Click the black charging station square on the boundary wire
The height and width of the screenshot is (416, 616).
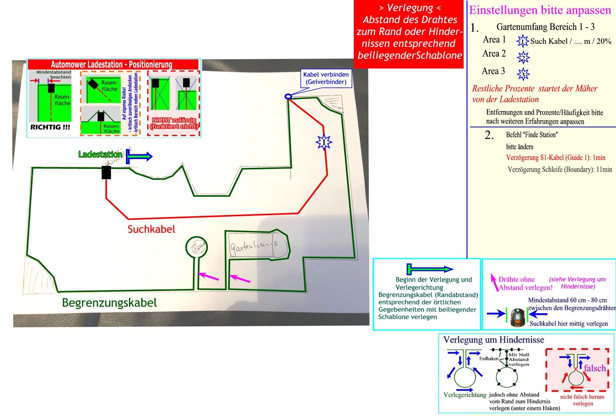[x=106, y=172]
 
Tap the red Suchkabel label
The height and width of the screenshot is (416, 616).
[x=151, y=229]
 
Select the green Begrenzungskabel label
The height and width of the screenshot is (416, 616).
[x=109, y=303]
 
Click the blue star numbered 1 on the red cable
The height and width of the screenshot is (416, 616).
[x=324, y=142]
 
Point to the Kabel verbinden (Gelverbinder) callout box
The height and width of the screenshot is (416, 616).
[x=326, y=78]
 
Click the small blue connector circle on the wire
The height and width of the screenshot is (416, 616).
[x=288, y=97]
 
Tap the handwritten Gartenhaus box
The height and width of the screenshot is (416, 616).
[x=254, y=245]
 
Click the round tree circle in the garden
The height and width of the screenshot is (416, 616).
[x=197, y=246]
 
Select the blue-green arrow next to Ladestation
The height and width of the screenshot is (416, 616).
[x=139, y=157]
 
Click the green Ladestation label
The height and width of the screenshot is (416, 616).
[x=100, y=154]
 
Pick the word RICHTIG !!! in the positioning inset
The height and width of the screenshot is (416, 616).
[x=50, y=127]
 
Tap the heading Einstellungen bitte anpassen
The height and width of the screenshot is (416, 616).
[x=540, y=10]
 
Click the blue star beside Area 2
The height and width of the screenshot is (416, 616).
[x=523, y=57]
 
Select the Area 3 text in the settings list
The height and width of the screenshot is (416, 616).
[x=493, y=71]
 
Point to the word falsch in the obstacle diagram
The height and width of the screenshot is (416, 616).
[x=594, y=368]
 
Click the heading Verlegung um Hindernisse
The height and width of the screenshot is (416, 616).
[x=494, y=340]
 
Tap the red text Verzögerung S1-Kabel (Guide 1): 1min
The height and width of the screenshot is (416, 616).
[x=556, y=157]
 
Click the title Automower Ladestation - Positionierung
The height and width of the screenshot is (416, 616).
[x=112, y=64]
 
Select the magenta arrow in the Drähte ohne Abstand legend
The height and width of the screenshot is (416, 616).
[x=494, y=282]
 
